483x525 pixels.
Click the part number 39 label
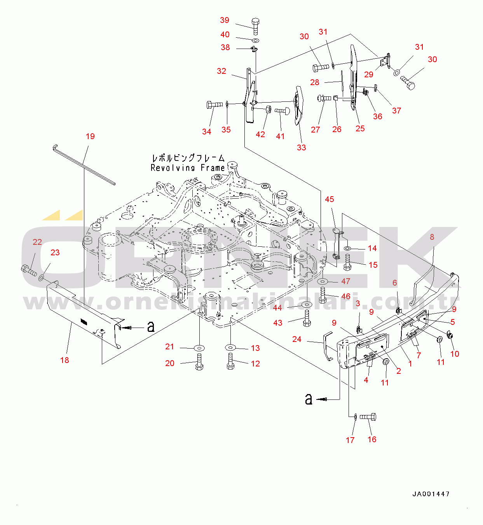pos(225,20)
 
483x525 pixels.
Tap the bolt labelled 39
pos(255,26)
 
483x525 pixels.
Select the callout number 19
pos(90,136)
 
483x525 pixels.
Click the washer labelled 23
pos(41,278)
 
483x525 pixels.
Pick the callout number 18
pos(65,360)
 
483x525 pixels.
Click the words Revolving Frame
pos(188,168)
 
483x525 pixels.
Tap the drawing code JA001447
pos(431,494)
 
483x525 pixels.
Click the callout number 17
pos(350,440)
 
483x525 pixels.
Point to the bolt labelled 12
pos(230,361)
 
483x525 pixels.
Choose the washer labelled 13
pos(230,347)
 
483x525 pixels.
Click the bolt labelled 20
pos(199,362)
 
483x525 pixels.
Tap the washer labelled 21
pos(199,347)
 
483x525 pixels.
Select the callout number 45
pos(330,199)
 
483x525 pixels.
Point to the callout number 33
pos(302,148)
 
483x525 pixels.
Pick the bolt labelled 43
pos(307,318)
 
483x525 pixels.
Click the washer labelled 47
pos(323,281)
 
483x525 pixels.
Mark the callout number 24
pos(297,339)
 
